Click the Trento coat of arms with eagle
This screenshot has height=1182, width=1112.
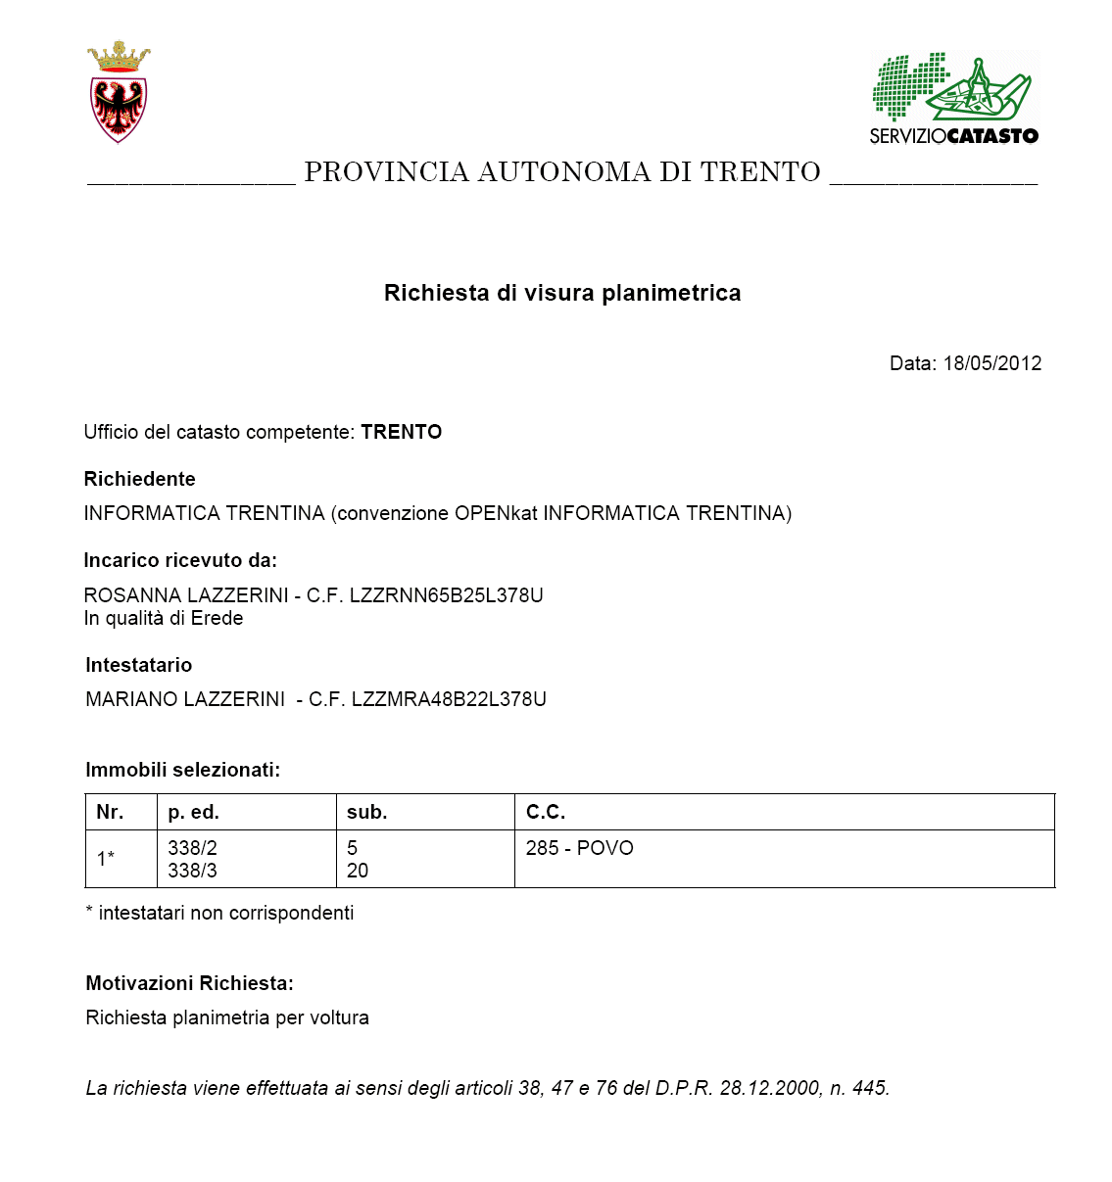pos(119,93)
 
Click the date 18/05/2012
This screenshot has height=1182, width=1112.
pos(991,363)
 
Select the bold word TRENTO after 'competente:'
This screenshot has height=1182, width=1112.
pos(401,432)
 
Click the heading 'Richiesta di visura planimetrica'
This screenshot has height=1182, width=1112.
pos(562,293)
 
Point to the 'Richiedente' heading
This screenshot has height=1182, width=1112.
pos(140,479)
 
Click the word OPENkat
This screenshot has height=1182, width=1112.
pos(497,513)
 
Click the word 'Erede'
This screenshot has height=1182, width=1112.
pos(217,618)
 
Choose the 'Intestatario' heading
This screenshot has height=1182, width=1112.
pos(139,665)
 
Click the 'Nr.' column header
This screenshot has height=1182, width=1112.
pos(110,812)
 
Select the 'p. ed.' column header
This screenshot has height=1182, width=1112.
pos(193,812)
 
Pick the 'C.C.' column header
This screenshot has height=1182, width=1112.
pos(545,812)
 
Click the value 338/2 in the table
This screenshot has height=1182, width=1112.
pos(192,848)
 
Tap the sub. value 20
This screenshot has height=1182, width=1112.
pos(358,871)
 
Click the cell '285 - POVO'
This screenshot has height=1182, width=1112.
pos(579,848)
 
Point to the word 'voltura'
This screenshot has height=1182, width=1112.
pos(339,1017)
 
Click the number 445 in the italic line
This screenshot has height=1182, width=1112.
pos(869,1088)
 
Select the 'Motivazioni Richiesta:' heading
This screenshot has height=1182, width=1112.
pos(189,983)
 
